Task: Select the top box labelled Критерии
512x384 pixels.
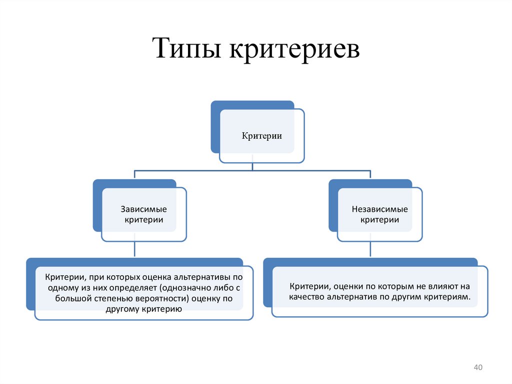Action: coord(262,136)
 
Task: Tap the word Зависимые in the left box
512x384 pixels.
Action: coord(144,209)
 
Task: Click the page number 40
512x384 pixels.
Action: coord(477,368)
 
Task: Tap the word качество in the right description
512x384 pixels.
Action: coord(306,297)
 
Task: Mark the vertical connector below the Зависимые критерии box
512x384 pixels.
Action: coord(134,249)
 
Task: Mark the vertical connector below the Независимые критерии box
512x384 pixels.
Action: coord(370,249)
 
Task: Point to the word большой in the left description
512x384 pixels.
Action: coord(71,299)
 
